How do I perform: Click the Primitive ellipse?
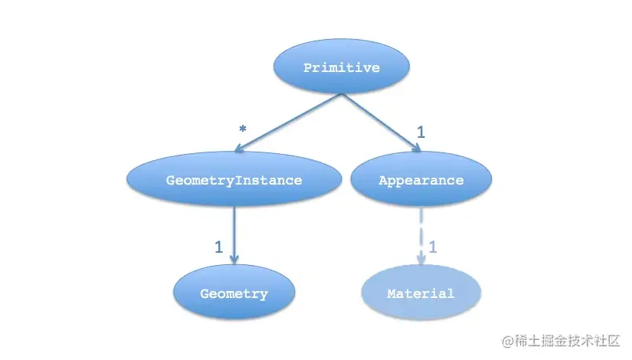tap(341, 68)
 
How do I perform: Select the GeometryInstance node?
tap(234, 181)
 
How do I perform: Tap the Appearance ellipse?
tap(421, 181)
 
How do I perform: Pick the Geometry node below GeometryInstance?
tap(234, 293)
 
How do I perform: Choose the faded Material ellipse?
tap(421, 293)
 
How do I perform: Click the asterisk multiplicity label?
tap(243, 130)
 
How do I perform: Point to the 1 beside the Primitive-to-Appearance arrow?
tap(421, 132)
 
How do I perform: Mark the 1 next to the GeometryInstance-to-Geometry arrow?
tap(218, 247)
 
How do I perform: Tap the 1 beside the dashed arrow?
tap(433, 247)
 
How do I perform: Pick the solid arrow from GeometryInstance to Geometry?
tap(234, 230)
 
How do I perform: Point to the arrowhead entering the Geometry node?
tap(234, 260)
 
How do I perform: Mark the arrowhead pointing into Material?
tap(421, 260)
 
